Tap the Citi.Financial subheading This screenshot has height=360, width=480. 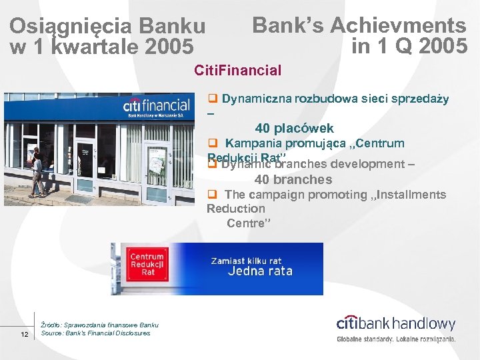pos(237,70)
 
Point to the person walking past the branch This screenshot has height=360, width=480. pos(37,171)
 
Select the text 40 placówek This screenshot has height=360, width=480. pos(294,128)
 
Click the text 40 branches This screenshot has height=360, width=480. pos(293,179)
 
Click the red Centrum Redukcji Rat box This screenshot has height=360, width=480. pos(147,265)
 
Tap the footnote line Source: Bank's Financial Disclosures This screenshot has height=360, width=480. pos(95,333)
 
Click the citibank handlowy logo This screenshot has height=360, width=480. pos(396,324)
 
